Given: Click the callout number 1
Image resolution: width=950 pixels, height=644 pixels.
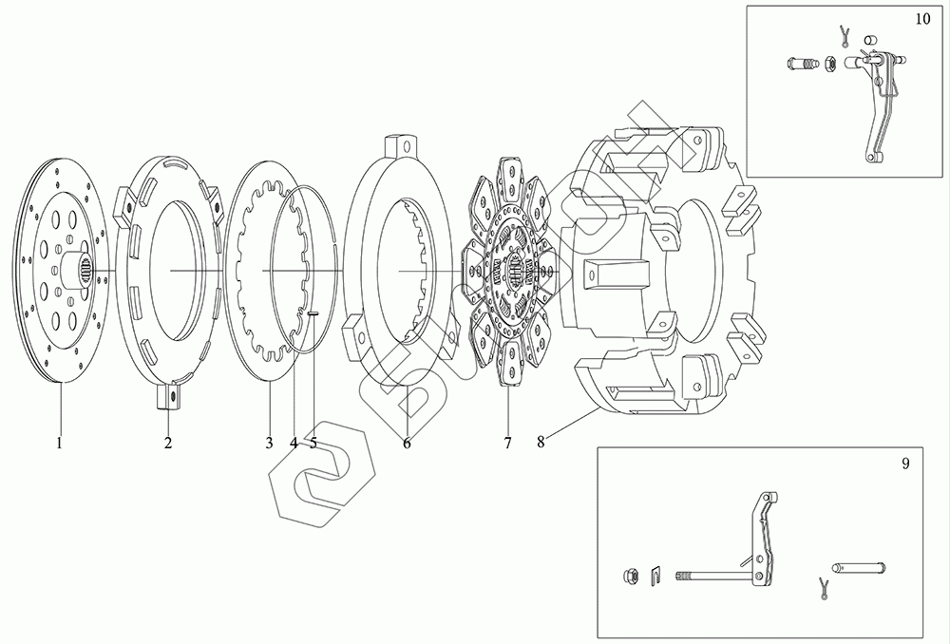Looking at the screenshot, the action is click(59, 442).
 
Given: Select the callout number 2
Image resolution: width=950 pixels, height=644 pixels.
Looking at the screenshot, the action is click(168, 442).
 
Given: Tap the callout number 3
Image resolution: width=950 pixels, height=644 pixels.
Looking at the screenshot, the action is click(269, 442).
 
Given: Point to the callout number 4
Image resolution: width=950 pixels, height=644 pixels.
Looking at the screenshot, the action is click(294, 442).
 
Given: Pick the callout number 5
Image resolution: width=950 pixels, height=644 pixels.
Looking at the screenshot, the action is click(313, 442).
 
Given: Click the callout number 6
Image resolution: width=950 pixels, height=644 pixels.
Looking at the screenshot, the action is click(407, 442).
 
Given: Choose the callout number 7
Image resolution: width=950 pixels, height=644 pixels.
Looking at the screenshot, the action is click(507, 442).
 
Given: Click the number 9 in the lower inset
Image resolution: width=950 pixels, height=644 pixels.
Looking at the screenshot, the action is click(904, 464).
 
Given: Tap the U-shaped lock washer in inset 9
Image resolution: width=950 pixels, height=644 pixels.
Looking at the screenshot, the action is click(655, 575).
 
